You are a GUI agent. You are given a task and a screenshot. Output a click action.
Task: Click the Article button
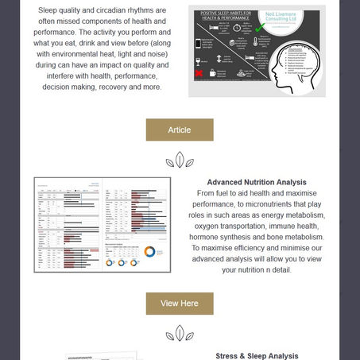tap(180, 130)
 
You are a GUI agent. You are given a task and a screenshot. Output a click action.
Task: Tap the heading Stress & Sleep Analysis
tap(257, 356)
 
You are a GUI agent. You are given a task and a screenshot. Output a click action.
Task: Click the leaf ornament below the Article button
tap(180, 161)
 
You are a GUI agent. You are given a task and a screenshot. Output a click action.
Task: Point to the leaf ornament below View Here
tap(180, 334)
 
